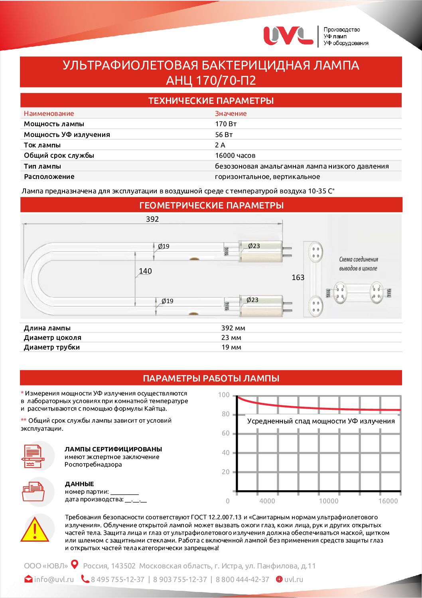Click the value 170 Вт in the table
click(226, 124)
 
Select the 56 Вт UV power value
click(224, 135)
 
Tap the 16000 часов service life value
click(235, 155)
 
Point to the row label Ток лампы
click(42, 145)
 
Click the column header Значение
click(231, 113)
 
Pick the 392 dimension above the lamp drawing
click(152, 219)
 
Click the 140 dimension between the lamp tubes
click(145, 271)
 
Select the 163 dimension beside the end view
click(298, 277)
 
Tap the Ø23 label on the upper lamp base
click(254, 246)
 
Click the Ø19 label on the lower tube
click(167, 301)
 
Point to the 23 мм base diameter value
click(231, 338)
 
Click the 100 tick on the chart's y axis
click(224, 395)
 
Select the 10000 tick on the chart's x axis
click(328, 501)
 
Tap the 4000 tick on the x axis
click(267, 501)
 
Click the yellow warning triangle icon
click(35, 530)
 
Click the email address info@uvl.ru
click(54, 579)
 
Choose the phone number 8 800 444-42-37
click(243, 579)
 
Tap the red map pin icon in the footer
click(75, 564)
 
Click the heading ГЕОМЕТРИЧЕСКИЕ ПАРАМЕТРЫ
click(211, 205)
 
